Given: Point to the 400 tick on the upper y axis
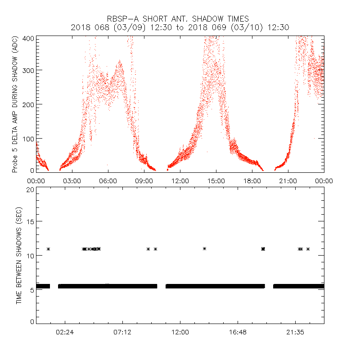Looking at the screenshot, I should point(28,39).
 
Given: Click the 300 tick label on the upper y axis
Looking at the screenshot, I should point(28,70).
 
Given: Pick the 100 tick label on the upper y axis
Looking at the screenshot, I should point(28,138).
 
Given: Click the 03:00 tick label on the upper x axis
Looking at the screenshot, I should point(72,181).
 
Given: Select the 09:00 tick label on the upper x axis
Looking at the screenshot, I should point(144,181).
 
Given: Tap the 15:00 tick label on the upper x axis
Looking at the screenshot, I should point(216,181).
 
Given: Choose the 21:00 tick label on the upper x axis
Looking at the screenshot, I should point(288,181).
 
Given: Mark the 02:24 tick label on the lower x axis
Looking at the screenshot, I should point(65,333).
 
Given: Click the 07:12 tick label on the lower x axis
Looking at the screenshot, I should point(122,333).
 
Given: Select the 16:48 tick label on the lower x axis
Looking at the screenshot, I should point(238,333).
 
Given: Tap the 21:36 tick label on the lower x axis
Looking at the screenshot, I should point(295,333).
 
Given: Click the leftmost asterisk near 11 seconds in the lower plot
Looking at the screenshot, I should point(48,249).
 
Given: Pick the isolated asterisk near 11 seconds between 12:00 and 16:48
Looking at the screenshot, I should point(205,248).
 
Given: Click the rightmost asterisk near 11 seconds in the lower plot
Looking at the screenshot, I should point(308,249).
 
